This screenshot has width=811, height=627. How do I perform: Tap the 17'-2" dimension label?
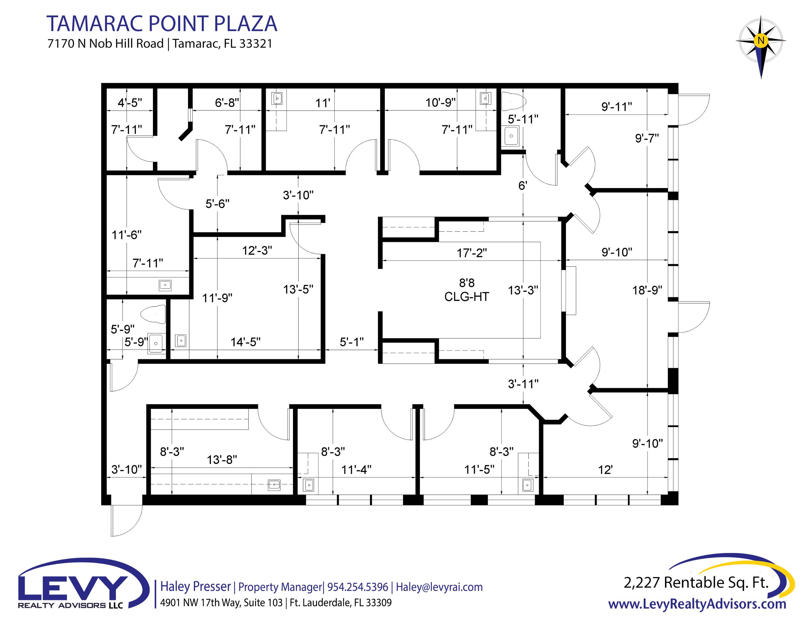[x=471, y=253]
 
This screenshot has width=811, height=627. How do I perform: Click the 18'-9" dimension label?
[x=647, y=290]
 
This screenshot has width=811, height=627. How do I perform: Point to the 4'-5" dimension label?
[x=130, y=103]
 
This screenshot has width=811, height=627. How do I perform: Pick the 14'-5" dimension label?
[x=245, y=342]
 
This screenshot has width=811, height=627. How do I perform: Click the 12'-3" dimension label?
[x=257, y=251]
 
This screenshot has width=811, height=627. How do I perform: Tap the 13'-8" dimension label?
[x=222, y=460]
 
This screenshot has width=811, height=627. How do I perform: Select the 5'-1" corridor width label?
[x=352, y=342]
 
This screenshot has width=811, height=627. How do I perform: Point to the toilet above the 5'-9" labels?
[x=153, y=314]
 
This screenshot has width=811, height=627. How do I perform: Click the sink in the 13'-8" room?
[x=275, y=485]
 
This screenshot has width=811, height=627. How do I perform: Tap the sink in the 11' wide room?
[x=277, y=99]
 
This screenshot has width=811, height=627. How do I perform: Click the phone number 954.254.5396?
[x=358, y=587]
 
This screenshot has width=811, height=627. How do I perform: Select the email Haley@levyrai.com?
[x=439, y=587]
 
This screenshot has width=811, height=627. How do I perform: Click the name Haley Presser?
[x=195, y=587]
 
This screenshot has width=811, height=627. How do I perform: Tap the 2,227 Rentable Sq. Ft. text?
[x=696, y=582]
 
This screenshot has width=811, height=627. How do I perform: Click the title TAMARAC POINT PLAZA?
[x=162, y=24]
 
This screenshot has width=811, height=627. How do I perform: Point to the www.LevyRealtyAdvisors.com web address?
[x=697, y=604]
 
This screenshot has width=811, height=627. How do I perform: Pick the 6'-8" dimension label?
[x=227, y=103]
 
